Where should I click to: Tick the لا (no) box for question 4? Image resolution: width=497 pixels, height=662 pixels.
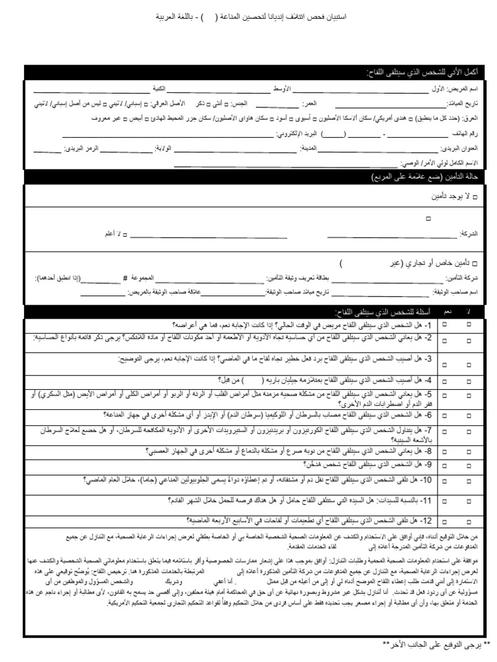click(x=469, y=380)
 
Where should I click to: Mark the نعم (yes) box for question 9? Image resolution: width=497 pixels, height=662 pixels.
click(x=445, y=465)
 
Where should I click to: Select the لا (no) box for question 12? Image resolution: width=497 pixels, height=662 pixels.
click(x=469, y=520)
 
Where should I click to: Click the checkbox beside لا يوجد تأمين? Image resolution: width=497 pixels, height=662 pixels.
click(x=476, y=195)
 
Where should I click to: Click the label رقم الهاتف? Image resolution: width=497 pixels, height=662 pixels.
click(x=466, y=134)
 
